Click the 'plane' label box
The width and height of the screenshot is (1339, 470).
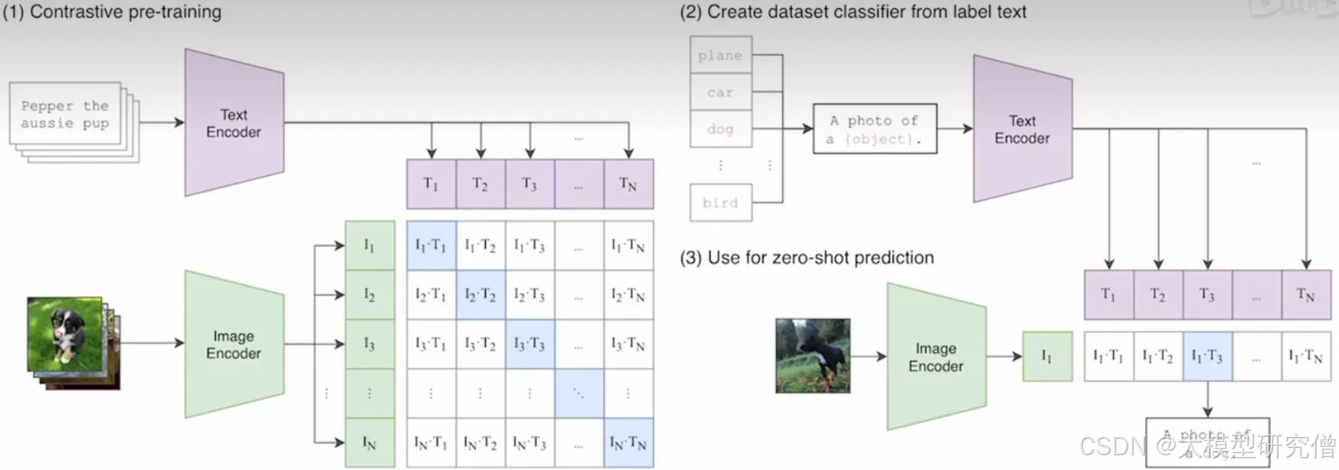point(721,56)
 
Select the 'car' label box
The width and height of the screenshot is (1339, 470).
point(721,93)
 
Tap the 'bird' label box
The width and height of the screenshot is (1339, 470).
point(721,203)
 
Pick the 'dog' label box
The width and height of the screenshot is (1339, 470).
point(721,130)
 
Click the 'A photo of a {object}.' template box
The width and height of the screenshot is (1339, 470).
point(875,130)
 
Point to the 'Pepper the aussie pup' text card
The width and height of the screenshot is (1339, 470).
point(65,114)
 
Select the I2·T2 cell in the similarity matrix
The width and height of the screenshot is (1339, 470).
point(481,295)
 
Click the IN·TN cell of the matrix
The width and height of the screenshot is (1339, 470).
point(628,443)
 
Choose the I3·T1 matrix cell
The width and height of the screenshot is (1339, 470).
point(431,344)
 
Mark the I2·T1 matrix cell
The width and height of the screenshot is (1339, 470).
point(431,295)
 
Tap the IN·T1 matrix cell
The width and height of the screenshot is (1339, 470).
point(431,443)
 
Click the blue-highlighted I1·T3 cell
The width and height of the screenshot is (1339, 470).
point(1207,356)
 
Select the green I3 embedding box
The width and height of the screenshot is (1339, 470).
point(370,344)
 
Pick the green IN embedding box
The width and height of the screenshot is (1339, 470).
point(370,443)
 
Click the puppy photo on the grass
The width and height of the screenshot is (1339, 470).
point(64,333)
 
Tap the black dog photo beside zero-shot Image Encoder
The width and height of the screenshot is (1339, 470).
point(812,356)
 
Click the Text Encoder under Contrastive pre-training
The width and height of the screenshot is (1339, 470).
point(234,123)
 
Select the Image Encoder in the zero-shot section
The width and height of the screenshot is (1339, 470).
point(936,357)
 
